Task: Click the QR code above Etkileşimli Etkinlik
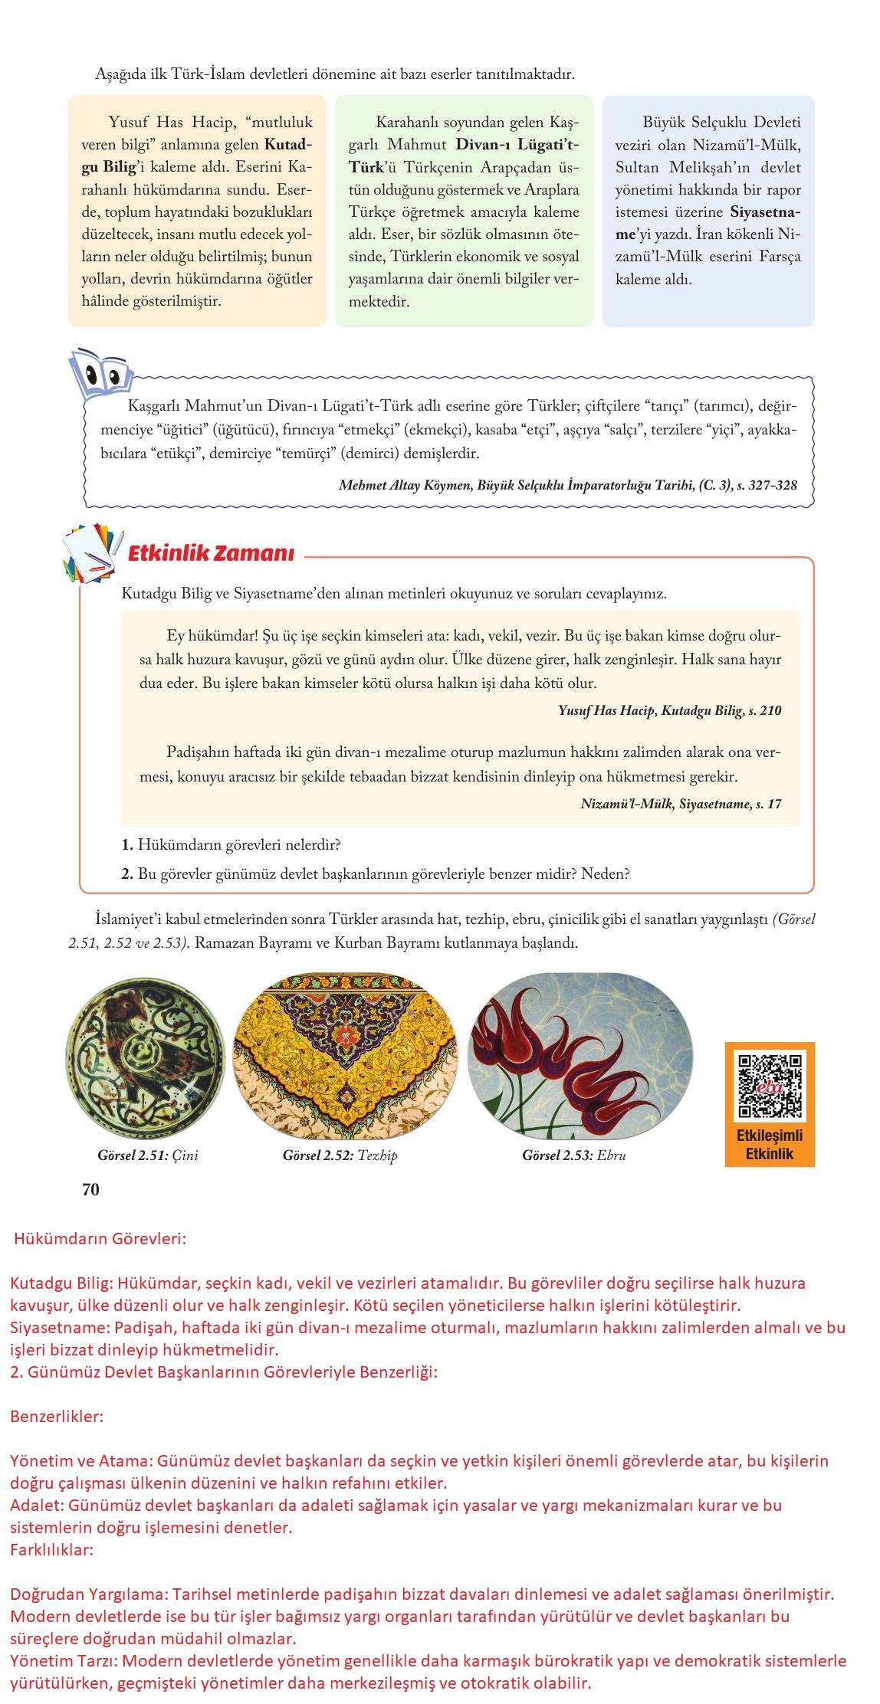click(x=770, y=1086)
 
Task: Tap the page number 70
click(x=90, y=1189)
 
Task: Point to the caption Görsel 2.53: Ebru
click(x=573, y=1155)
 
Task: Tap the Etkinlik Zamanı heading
click(x=210, y=553)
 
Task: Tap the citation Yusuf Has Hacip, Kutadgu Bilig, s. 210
click(x=670, y=710)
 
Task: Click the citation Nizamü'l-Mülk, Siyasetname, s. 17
click(x=681, y=804)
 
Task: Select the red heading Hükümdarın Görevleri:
click(x=100, y=1238)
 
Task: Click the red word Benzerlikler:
click(x=57, y=1416)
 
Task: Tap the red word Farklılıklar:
click(x=52, y=1550)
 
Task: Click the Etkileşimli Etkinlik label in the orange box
click(x=770, y=1145)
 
